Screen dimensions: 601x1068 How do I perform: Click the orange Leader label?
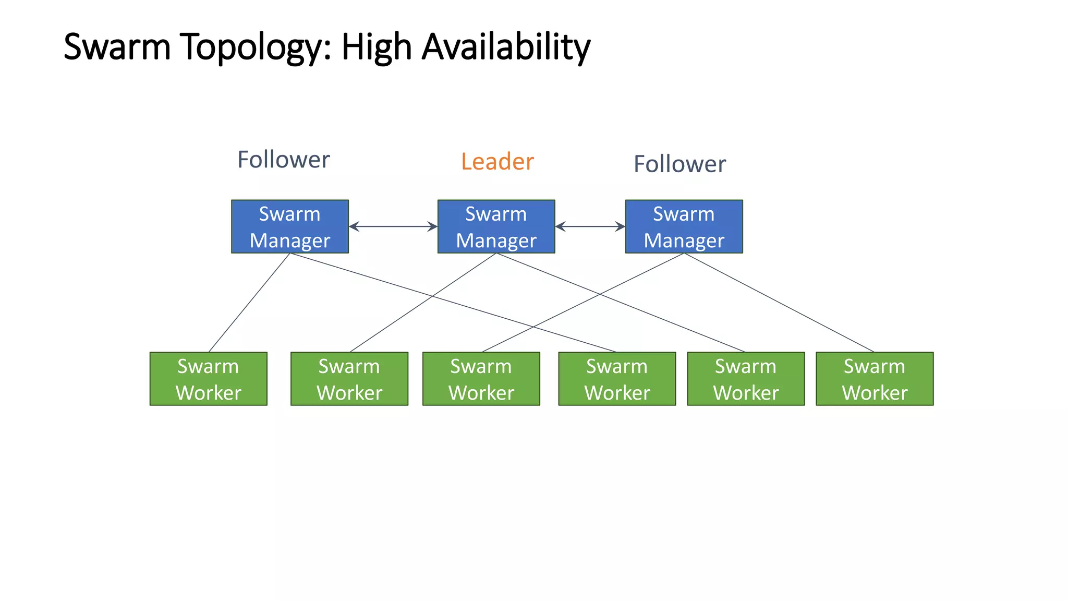(x=497, y=162)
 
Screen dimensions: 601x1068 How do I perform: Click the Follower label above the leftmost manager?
(x=284, y=160)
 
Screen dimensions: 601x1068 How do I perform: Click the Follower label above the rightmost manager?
(x=679, y=164)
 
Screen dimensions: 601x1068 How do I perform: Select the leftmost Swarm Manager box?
(x=290, y=226)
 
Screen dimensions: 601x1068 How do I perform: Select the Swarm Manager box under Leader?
(x=496, y=226)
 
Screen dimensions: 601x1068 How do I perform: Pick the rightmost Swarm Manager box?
(x=684, y=226)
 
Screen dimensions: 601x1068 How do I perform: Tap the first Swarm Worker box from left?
(x=208, y=379)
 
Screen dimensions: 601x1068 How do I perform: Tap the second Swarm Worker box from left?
(x=349, y=379)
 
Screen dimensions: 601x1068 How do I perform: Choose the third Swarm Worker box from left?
(x=481, y=379)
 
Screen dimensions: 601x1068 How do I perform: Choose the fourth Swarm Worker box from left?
(x=617, y=379)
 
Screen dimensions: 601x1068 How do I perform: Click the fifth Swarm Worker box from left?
(x=746, y=379)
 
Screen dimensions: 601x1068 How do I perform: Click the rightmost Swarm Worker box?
(x=875, y=379)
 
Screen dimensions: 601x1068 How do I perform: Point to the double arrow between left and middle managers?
(x=393, y=226)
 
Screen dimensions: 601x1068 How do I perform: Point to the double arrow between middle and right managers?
(x=590, y=226)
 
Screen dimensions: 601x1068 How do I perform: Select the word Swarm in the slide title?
(x=117, y=47)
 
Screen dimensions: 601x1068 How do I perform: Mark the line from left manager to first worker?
(x=249, y=303)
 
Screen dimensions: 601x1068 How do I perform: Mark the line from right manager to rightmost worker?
(x=779, y=303)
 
